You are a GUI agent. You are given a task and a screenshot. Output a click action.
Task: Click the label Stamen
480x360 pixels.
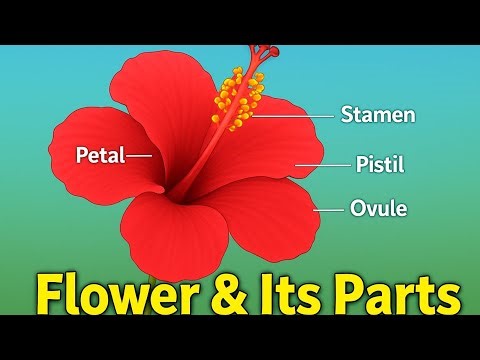(378, 115)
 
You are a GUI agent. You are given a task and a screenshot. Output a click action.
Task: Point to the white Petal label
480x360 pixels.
(100, 155)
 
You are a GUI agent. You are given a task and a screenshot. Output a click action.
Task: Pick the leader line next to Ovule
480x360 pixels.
(330, 209)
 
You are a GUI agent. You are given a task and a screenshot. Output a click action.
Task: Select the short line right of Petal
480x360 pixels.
(139, 155)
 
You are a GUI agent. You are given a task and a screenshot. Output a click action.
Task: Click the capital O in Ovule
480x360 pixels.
(358, 209)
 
